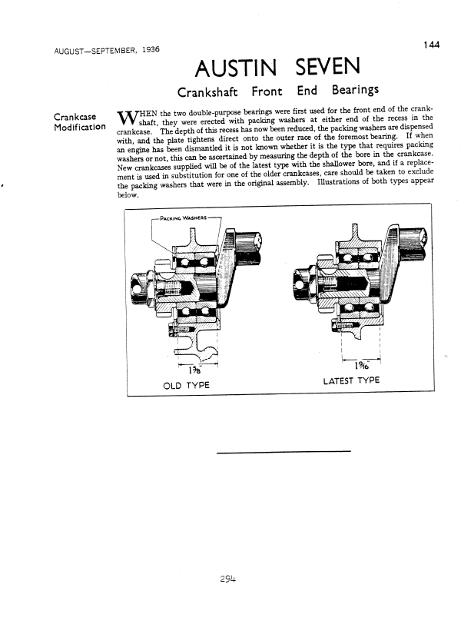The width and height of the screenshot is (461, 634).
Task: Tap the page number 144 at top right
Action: pyautogui.click(x=430, y=46)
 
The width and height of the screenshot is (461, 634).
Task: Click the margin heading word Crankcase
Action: pyautogui.click(x=75, y=117)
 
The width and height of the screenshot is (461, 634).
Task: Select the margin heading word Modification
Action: pyautogui.click(x=79, y=128)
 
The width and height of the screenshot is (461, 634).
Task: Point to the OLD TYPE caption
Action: pyautogui.click(x=187, y=384)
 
